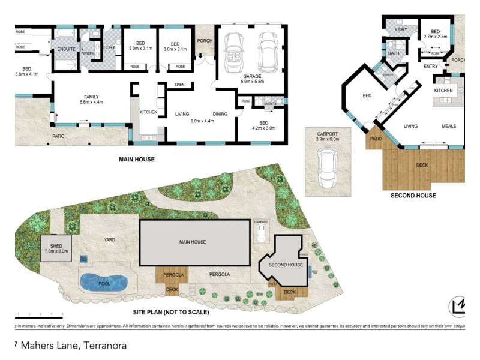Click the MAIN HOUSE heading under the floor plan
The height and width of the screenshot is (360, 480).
[x=137, y=160]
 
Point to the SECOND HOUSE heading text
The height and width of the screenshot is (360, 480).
[x=413, y=195]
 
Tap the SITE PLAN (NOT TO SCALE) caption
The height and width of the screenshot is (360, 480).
[x=170, y=312]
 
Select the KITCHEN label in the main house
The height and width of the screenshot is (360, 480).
[x=148, y=112]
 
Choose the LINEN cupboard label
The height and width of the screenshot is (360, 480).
[x=179, y=85]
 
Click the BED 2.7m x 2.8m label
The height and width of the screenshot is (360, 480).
[x=436, y=35]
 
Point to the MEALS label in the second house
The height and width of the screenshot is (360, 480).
[x=449, y=127]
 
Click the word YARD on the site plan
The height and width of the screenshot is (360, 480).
[x=109, y=240]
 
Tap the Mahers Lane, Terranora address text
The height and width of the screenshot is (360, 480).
[x=71, y=346]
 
